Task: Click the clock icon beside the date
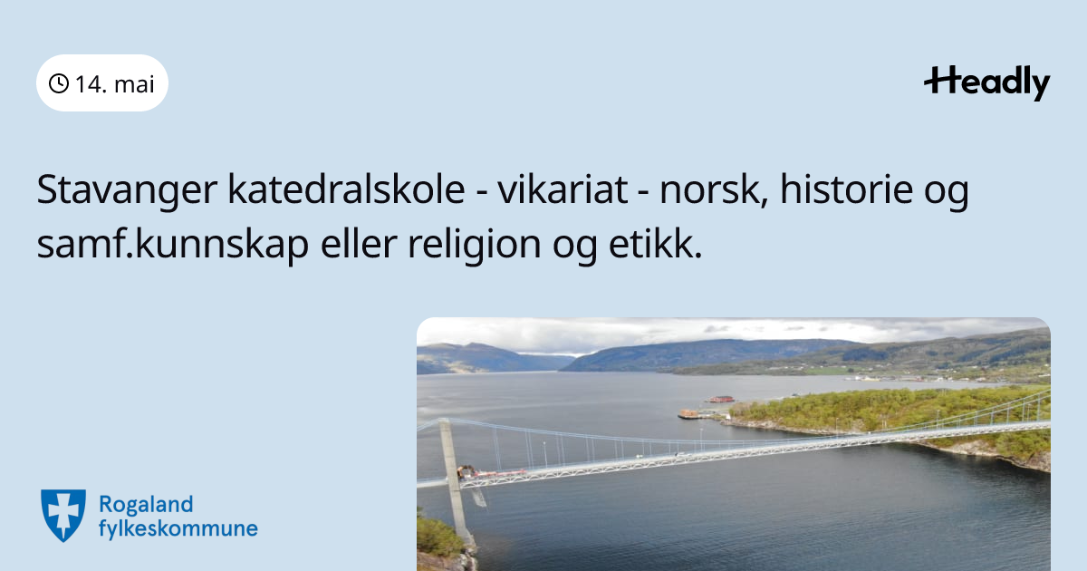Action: (59, 83)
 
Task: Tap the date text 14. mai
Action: (115, 84)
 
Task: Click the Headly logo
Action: (987, 83)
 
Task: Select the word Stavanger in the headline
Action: (127, 190)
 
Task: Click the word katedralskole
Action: (346, 189)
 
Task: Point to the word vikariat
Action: (563, 189)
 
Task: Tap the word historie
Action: (846, 189)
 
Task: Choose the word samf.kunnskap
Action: (173, 245)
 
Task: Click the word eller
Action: (359, 244)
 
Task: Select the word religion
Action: (475, 245)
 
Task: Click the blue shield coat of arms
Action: (63, 515)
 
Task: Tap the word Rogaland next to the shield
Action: (146, 505)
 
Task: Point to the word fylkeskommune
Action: (178, 528)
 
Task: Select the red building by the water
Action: (721, 399)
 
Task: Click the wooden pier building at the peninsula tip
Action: (689, 414)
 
